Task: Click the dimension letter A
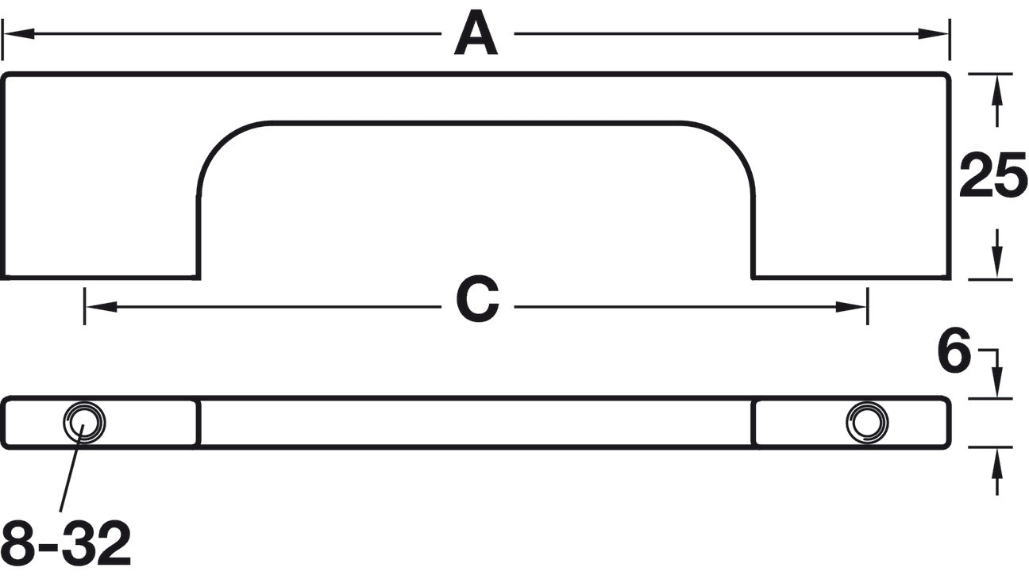476,33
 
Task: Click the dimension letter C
478,299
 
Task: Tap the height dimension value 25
992,176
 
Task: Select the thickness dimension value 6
954,350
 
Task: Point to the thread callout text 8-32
66,543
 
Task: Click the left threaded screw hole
84,422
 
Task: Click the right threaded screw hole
867,422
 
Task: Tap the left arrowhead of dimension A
18,33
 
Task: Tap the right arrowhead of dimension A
934,33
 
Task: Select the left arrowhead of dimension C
101,306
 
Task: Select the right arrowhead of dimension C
851,306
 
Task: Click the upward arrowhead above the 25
996,90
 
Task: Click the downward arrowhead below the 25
996,262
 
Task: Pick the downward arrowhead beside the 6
996,382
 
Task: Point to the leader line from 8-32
71,468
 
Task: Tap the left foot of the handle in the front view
100,176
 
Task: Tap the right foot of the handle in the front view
851,176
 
